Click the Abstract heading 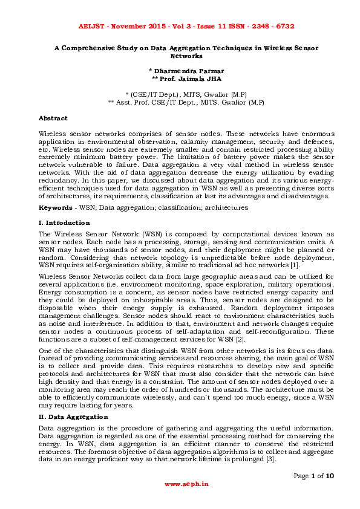53,118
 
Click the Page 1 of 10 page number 314,476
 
